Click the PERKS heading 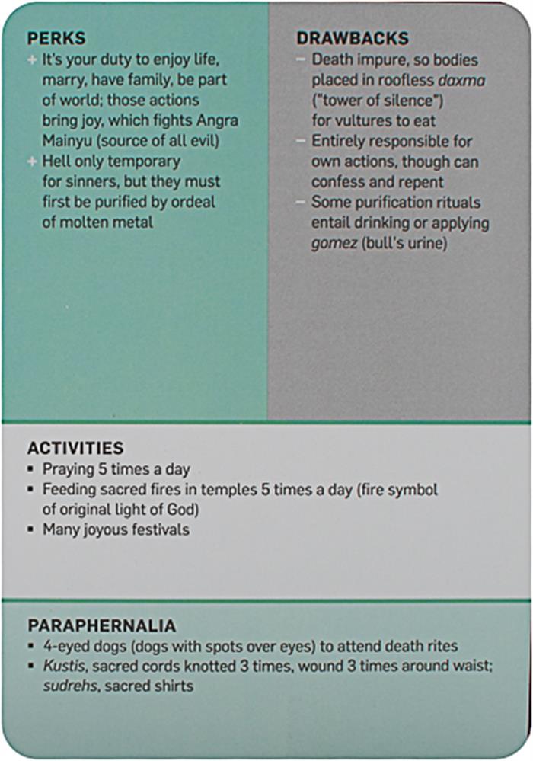pos(56,38)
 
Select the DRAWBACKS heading pos(353,38)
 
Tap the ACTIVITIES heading pos(75,449)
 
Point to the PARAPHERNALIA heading pos(102,626)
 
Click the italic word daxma pos(459,79)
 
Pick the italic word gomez pos(332,245)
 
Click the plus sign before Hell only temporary pos(31,161)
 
